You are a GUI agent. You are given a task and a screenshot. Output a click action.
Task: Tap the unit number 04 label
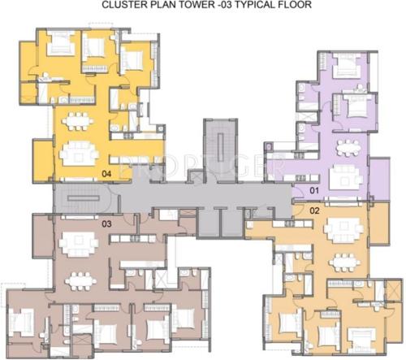pyautogui.click(x=106, y=174)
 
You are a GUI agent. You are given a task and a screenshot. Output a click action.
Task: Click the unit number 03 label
pyautogui.click(x=106, y=223)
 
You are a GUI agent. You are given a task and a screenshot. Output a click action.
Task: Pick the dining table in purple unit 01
pyautogui.click(x=348, y=147)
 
